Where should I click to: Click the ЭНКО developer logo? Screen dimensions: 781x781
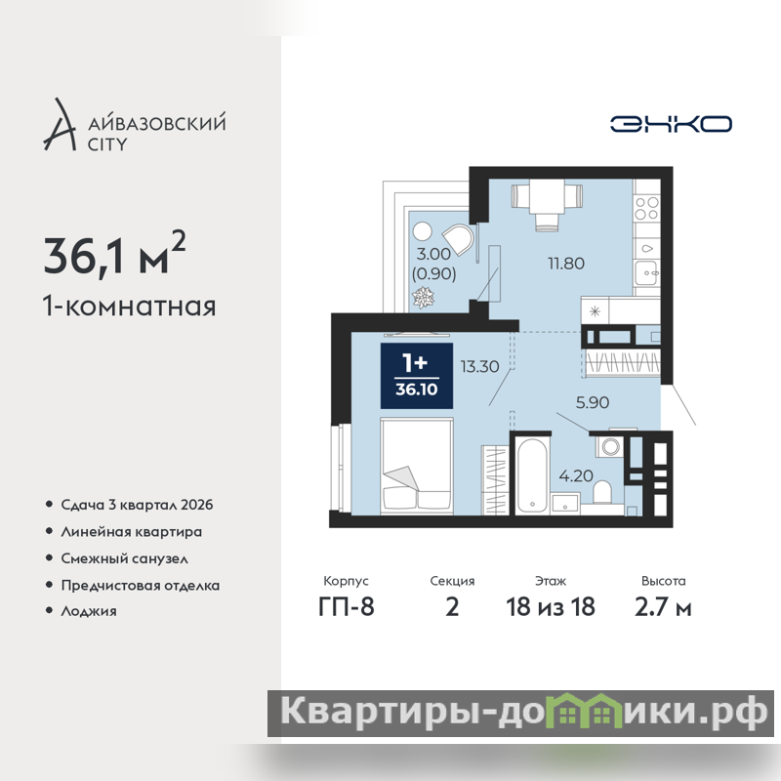pos(671,124)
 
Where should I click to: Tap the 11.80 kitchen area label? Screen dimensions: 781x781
pos(566,263)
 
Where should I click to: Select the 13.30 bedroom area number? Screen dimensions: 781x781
pos(479,367)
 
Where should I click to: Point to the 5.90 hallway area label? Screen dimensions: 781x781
pos(593,402)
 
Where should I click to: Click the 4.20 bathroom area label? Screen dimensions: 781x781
pos(576,475)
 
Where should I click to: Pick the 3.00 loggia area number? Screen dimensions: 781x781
pos(433,254)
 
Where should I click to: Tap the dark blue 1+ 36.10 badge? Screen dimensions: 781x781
pos(417,376)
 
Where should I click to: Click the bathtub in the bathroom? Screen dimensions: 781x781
pos(532,475)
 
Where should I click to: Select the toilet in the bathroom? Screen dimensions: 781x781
pos(602,493)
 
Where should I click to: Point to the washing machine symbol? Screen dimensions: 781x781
pos(609,445)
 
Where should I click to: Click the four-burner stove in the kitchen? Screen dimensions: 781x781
pos(647,208)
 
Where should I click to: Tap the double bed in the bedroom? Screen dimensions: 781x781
pos(417,467)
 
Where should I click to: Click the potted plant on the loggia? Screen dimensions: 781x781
pos(423,298)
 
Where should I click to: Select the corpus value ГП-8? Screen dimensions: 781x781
pos(347,607)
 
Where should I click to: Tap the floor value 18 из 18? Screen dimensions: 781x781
pos(551,607)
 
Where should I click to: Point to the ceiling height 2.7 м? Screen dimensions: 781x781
pos(663,607)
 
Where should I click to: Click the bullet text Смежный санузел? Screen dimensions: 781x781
pos(125,558)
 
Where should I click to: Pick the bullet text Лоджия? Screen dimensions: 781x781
pos(89,611)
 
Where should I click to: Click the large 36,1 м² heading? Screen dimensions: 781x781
pos(114,254)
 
